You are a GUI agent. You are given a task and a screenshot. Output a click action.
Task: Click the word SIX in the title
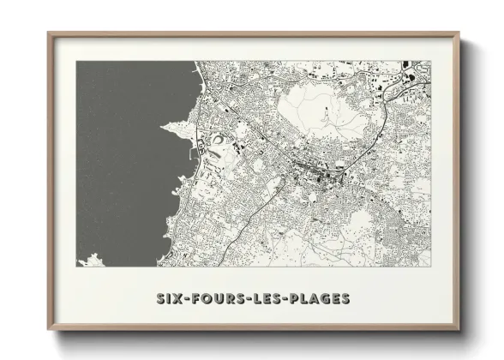(x=168, y=299)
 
